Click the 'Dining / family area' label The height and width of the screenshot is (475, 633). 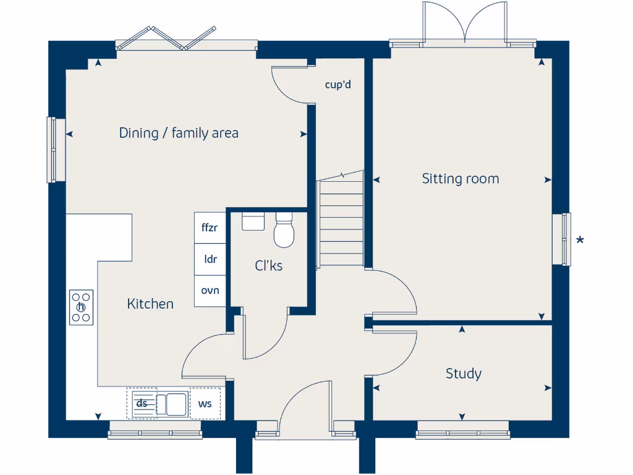click(x=179, y=133)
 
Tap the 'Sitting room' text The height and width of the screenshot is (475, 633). click(x=461, y=179)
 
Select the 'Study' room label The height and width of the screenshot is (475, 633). click(x=463, y=374)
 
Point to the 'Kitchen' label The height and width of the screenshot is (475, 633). click(x=150, y=304)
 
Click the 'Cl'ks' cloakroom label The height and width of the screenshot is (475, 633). click(x=269, y=266)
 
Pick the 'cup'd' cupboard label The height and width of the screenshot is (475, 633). click(x=338, y=84)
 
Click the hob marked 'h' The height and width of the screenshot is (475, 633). click(x=81, y=307)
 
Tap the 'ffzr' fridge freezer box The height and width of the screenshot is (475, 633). click(x=210, y=228)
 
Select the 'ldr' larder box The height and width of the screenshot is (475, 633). click(x=210, y=260)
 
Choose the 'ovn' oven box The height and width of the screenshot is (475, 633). click(x=210, y=291)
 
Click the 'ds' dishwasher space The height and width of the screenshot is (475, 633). click(x=142, y=404)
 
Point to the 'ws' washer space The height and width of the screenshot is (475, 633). click(x=205, y=404)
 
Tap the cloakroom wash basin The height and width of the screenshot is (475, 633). click(x=253, y=221)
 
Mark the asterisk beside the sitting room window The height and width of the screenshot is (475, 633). click(x=580, y=241)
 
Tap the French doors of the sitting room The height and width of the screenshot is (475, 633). click(x=464, y=25)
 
